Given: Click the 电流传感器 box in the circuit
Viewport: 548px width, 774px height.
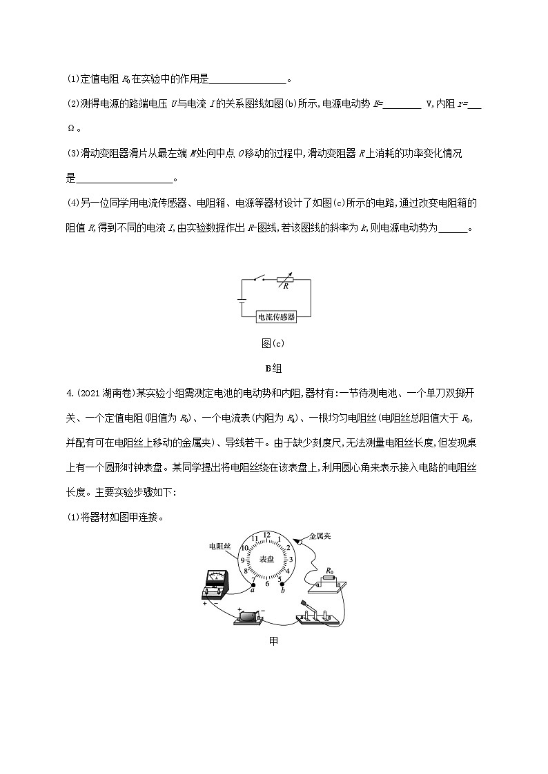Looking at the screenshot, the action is [x=275, y=317].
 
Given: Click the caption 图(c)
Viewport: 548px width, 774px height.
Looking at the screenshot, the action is [x=274, y=344].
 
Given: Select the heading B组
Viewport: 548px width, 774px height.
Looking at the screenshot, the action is [x=274, y=368].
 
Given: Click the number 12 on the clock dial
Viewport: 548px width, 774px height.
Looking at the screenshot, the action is [x=267, y=536].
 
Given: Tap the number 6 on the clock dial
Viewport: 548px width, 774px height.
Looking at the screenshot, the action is [x=267, y=583].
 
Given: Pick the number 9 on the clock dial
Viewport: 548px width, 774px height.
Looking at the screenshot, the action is [x=243, y=560].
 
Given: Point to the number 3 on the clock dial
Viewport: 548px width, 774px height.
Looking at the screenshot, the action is [x=291, y=560].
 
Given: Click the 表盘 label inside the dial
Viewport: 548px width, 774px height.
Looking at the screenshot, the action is [x=267, y=559].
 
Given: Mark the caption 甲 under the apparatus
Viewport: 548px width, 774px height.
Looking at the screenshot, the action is [x=274, y=641].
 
